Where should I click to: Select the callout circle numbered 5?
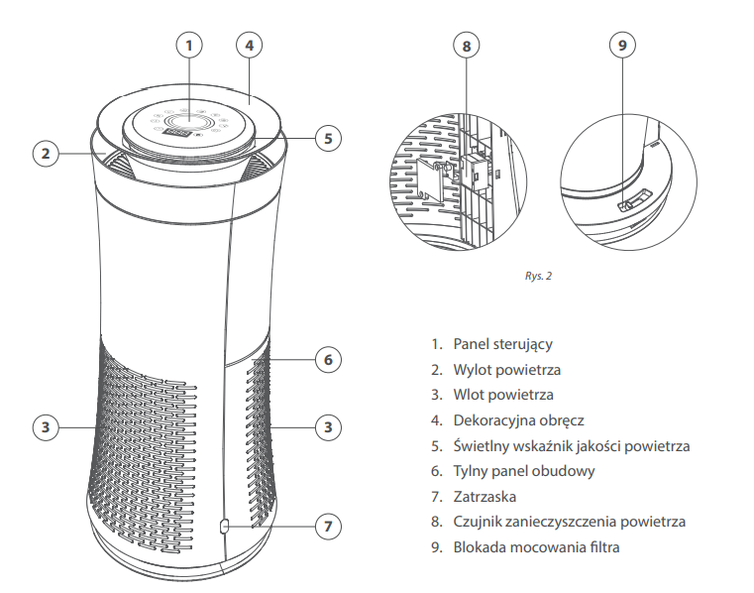click(329, 138)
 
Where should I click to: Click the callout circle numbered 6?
click(329, 359)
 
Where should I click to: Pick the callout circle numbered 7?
click(329, 527)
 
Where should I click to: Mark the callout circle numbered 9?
click(621, 45)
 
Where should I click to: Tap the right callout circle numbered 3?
click(329, 427)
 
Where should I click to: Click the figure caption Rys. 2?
click(538, 276)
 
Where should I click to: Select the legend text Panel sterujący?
click(502, 344)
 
